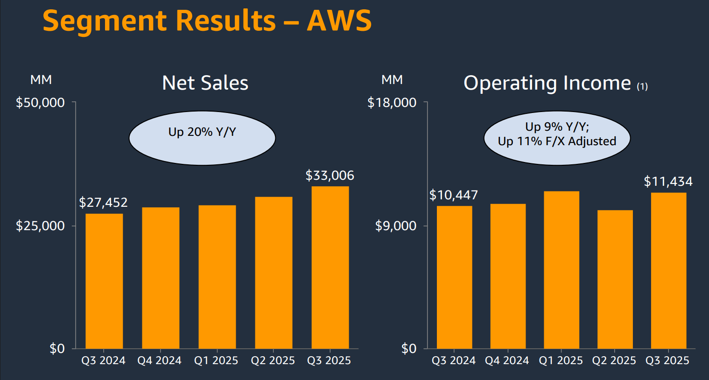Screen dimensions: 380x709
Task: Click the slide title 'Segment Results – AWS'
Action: pos(207,21)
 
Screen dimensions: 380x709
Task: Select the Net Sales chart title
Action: pos(205,83)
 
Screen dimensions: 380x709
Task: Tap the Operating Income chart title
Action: pos(547,83)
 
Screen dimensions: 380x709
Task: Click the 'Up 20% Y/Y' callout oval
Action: pos(202,138)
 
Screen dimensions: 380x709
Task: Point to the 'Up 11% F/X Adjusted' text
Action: pos(557,141)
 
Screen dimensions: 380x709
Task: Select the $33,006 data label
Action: pos(330,176)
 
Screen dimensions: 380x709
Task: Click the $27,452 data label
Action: pos(103,203)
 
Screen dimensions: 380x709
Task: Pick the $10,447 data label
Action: pos(453,195)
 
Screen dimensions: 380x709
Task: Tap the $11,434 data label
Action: pos(668,182)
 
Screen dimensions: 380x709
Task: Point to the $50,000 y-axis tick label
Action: pos(40,103)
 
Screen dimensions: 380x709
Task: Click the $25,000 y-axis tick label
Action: pos(40,226)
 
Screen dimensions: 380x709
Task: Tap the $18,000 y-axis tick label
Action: pos(392,103)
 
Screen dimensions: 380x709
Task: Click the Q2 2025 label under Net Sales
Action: pos(273,361)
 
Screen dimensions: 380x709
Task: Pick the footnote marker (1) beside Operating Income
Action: pos(642,86)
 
